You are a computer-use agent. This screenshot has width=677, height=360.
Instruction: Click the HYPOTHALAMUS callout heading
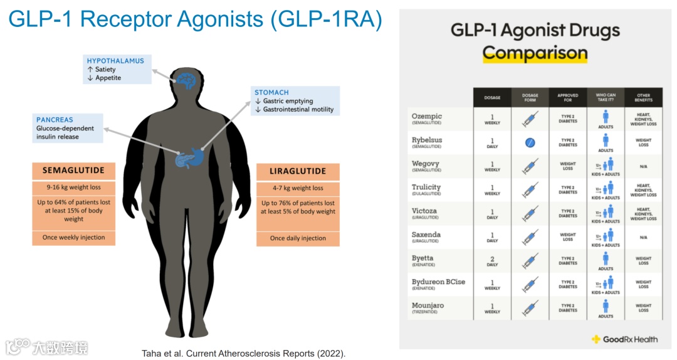(x=115, y=61)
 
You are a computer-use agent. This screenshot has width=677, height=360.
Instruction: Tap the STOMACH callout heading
(x=271, y=92)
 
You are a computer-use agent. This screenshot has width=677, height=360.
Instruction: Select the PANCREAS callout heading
(x=55, y=120)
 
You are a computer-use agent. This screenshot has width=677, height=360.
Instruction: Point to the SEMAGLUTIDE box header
(x=73, y=171)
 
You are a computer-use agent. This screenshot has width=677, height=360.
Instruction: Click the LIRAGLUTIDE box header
(x=298, y=171)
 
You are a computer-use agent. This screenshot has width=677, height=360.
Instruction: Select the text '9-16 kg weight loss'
(x=73, y=188)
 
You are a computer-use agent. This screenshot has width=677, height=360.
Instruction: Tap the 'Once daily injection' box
(x=298, y=238)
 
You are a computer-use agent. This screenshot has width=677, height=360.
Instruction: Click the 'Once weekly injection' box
(x=73, y=238)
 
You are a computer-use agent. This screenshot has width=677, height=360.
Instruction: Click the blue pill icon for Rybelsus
(x=530, y=143)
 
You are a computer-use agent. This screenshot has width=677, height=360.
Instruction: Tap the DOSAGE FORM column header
(x=530, y=98)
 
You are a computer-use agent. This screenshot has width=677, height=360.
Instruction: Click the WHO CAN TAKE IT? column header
(x=606, y=98)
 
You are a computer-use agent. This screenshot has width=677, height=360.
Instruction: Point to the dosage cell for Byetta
(x=492, y=261)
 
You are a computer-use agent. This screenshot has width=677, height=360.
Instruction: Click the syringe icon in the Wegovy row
(x=530, y=167)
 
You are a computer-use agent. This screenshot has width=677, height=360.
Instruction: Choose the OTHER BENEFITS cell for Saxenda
(x=643, y=238)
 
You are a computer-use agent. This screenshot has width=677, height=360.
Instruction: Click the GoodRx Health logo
(x=624, y=339)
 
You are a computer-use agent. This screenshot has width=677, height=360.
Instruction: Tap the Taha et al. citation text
(x=244, y=353)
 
